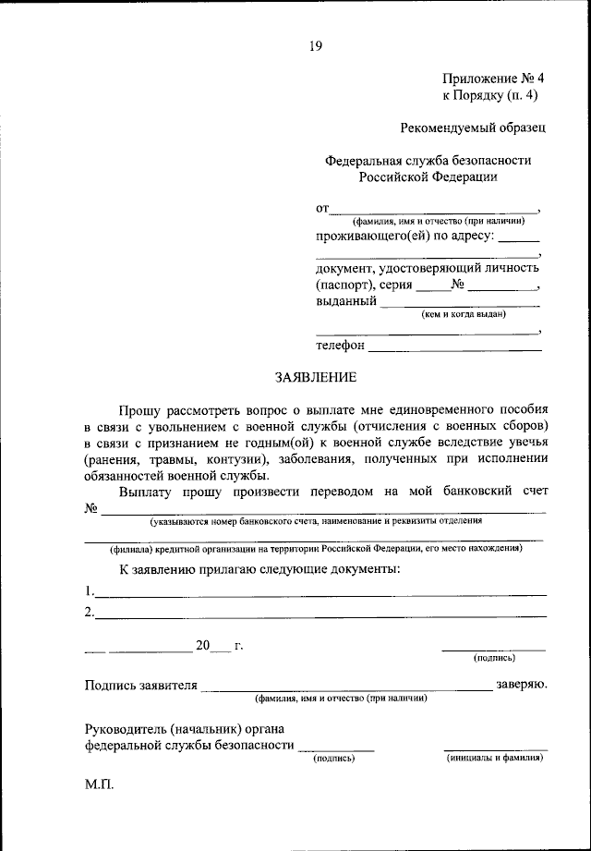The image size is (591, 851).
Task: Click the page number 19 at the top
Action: coord(315,43)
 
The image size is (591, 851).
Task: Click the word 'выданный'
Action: coord(345,300)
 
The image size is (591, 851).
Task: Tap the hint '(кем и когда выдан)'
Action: coord(463,314)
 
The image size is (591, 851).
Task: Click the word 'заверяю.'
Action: coord(522,685)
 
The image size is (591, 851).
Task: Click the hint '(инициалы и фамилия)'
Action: coord(494,758)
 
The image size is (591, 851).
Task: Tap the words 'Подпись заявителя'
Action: coord(140,686)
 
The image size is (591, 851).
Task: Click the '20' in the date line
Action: coord(203,645)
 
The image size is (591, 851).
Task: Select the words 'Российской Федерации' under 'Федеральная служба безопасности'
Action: coord(428,176)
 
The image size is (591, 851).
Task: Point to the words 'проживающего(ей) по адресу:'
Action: coord(404,237)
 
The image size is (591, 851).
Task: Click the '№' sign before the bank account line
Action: coord(90,508)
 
